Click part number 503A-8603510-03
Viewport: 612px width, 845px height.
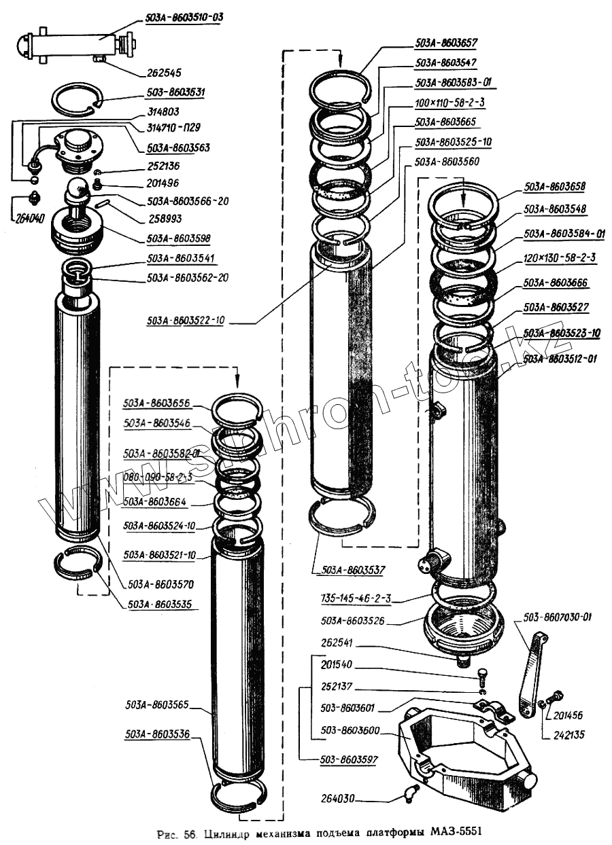(184, 18)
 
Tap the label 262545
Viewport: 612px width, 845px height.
(165, 71)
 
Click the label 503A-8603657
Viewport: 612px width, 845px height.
(446, 42)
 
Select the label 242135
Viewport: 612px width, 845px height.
(568, 735)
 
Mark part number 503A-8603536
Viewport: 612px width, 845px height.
(157, 734)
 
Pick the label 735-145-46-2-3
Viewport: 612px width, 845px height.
(356, 599)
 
